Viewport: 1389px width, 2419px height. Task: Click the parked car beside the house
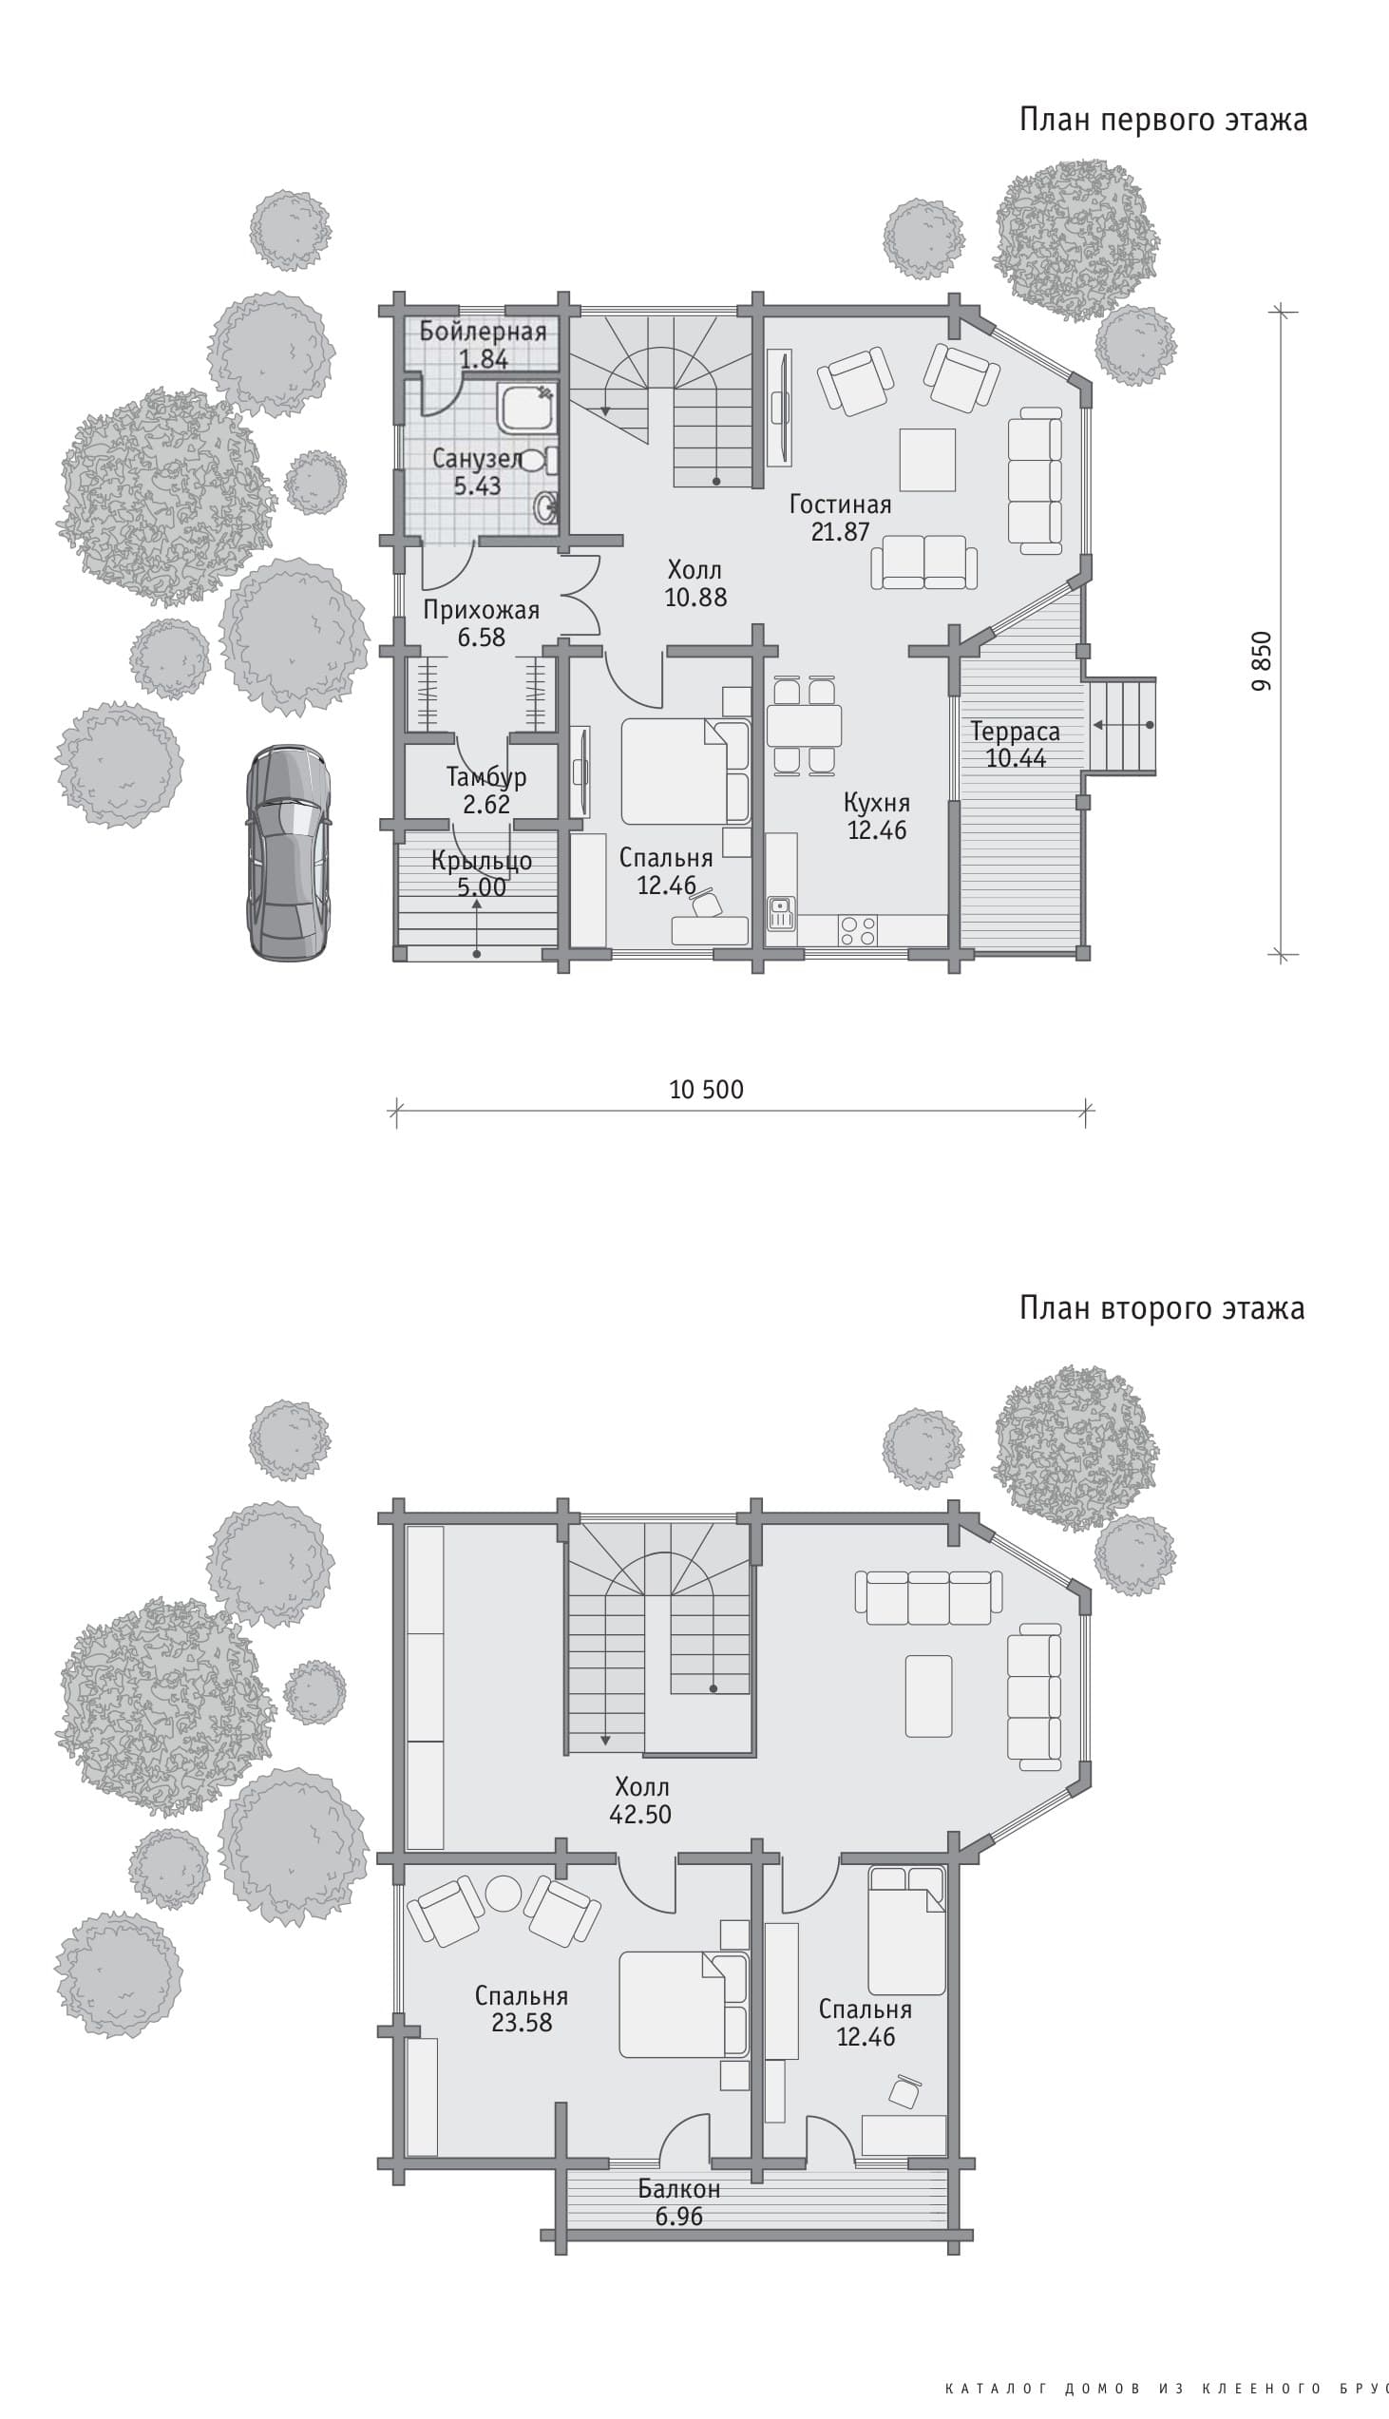(288, 852)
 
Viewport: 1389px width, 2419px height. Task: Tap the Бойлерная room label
(483, 332)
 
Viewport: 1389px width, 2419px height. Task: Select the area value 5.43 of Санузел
(477, 486)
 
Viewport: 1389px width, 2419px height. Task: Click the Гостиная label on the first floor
(840, 505)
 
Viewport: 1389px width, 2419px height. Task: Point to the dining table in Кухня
(804, 725)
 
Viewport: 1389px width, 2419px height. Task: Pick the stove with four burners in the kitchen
(858, 930)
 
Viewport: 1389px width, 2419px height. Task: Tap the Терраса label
(1015, 733)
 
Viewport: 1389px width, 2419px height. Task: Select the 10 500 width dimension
(706, 1090)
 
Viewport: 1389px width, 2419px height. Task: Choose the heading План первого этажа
(1163, 120)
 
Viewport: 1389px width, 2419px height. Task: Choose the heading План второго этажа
(1162, 1307)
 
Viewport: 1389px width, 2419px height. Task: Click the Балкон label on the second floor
(679, 2189)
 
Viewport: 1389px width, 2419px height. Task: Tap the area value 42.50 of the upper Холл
(641, 1815)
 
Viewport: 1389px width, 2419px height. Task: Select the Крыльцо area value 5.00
(482, 888)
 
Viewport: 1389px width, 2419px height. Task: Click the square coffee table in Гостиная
(927, 459)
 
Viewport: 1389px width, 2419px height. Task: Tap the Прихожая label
(482, 611)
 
